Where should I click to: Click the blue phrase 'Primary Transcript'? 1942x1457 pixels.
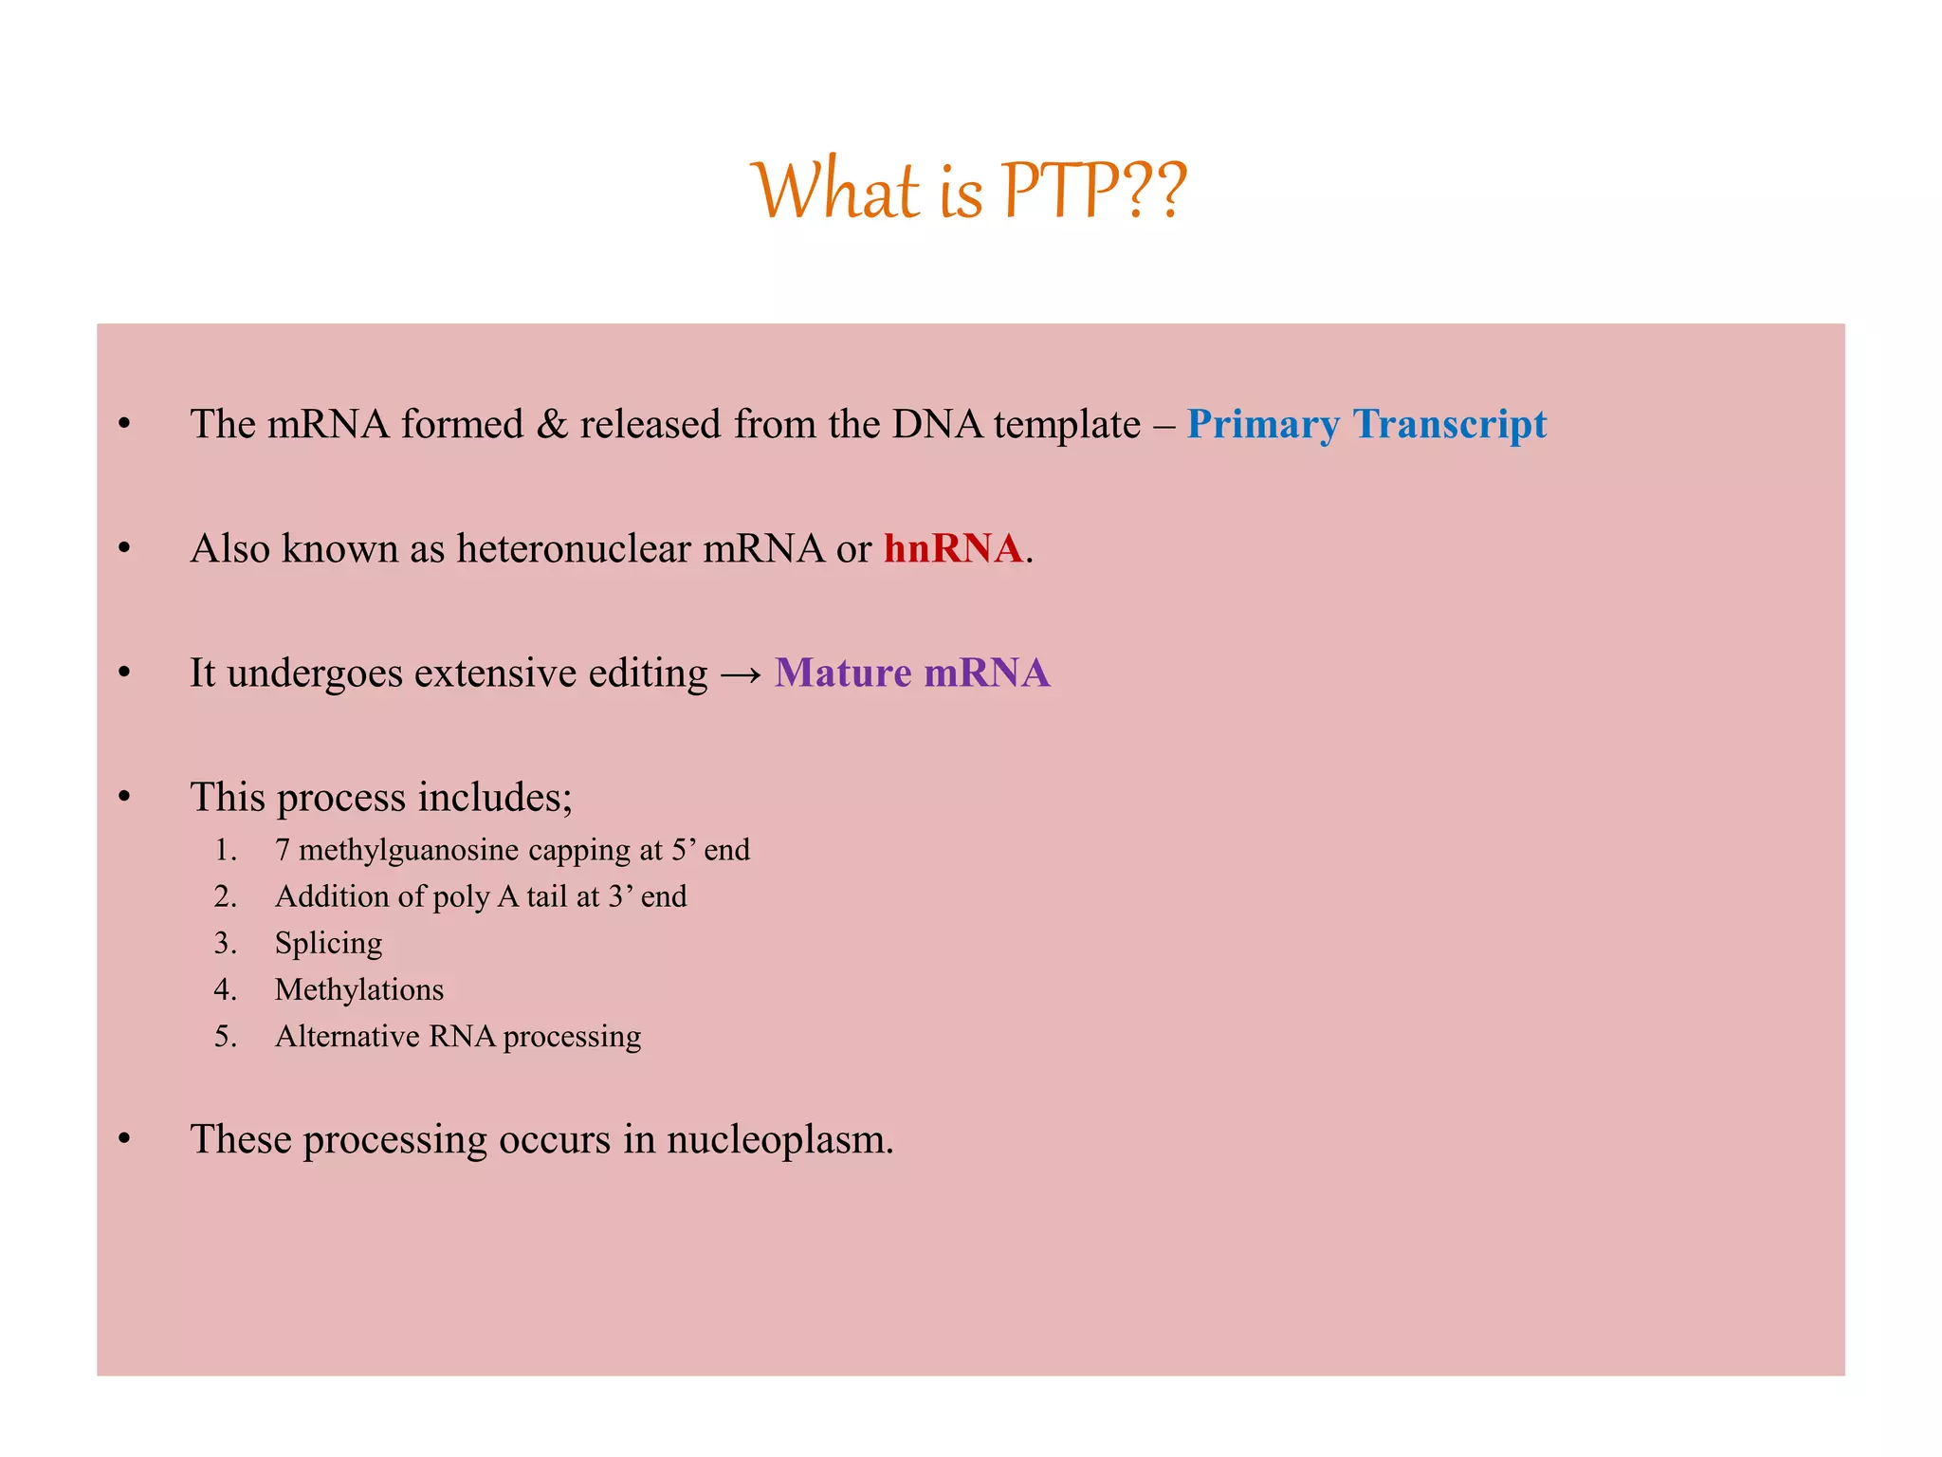click(x=1365, y=424)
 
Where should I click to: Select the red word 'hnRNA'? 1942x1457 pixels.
click(x=952, y=548)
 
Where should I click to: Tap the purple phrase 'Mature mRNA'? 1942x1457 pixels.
click(x=911, y=673)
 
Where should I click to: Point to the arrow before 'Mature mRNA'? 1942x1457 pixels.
click(x=741, y=674)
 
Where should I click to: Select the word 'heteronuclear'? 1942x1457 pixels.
click(x=574, y=548)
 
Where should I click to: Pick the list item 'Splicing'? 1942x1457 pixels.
click(x=328, y=943)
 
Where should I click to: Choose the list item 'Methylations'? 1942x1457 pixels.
click(x=358, y=989)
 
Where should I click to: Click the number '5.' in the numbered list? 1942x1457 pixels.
click(x=225, y=1036)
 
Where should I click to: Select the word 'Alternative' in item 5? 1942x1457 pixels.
click(x=346, y=1036)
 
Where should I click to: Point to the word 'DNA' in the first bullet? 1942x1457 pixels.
click(x=936, y=424)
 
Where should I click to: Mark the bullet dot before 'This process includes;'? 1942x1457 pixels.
click(x=124, y=797)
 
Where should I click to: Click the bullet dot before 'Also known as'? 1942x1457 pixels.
click(x=124, y=548)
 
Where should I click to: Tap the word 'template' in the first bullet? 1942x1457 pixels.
click(x=1067, y=424)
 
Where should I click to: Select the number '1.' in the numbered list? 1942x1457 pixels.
click(x=225, y=850)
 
